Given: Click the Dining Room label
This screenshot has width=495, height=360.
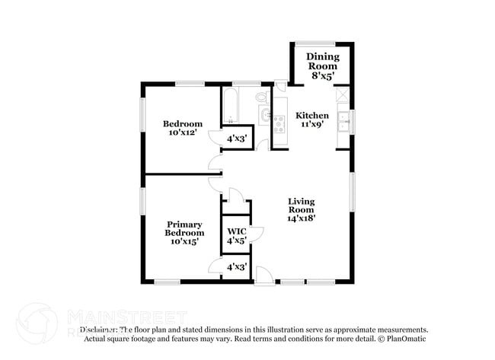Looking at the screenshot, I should pos(322,62).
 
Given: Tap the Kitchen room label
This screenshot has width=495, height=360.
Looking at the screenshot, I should pos(312,116).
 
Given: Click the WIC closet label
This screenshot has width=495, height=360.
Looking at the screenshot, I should pos(235,231).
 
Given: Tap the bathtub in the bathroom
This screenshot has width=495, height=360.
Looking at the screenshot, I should pos(231,105).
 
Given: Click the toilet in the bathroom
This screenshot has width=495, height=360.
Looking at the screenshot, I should pos(262,97).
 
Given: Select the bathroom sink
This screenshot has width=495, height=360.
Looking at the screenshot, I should pos(264,116).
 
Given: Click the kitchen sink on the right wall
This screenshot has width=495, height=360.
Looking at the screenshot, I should pos(344,120).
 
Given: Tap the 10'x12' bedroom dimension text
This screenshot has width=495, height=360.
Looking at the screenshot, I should pos(183,132).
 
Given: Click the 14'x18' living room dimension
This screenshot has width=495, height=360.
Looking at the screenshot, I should pos(301,218).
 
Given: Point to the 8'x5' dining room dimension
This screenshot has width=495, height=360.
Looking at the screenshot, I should pos(322,75).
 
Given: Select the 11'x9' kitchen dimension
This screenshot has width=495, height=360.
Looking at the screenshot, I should pos(312,125).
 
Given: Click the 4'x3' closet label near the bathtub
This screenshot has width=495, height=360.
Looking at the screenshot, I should pos(235,139).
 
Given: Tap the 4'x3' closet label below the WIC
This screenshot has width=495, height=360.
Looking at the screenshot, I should pos(235,266).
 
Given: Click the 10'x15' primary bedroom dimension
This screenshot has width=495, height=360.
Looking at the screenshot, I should pos(184,241).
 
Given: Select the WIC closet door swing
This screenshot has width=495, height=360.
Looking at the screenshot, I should pos(257,231).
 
